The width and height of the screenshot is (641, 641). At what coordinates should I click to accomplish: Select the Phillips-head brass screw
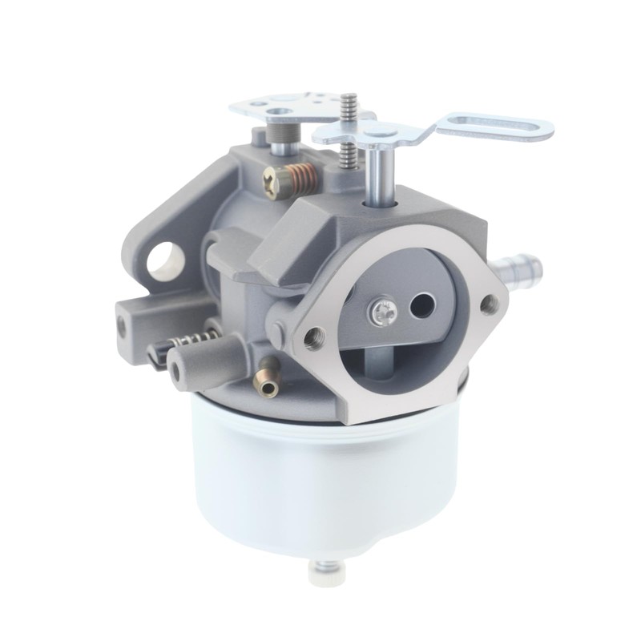[274, 177]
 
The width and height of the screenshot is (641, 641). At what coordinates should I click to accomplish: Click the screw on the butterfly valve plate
[380, 312]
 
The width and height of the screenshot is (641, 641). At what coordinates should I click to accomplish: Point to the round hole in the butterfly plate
[421, 304]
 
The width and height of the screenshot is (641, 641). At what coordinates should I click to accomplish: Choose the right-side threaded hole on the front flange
[488, 302]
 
